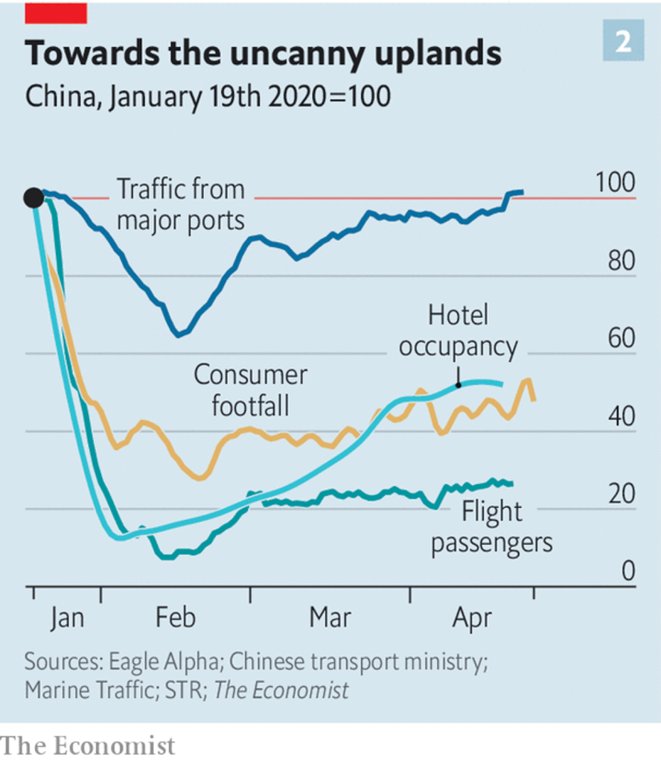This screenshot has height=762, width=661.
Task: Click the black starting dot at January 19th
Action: [33, 197]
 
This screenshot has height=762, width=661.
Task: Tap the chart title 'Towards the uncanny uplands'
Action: [263, 53]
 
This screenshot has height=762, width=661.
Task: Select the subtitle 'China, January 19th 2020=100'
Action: [208, 97]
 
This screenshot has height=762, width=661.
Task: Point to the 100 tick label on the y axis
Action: [616, 182]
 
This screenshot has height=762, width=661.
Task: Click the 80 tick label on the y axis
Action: [619, 261]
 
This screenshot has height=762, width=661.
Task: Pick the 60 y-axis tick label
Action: [619, 339]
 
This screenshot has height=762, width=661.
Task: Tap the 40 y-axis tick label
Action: [619, 416]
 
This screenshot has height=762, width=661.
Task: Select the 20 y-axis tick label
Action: [619, 494]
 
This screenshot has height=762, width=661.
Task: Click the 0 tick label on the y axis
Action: [628, 571]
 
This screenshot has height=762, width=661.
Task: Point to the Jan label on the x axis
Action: [67, 618]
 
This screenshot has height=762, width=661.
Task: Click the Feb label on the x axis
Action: [176, 618]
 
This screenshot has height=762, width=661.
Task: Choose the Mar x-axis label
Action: [330, 618]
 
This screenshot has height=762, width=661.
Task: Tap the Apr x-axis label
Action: [472, 618]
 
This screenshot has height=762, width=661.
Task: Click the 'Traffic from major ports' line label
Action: [180, 205]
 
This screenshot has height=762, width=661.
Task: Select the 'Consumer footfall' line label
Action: [250, 390]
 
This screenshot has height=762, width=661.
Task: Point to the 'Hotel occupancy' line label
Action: [458, 331]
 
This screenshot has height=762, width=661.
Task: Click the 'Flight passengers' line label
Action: [492, 527]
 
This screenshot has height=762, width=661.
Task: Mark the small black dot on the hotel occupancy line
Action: [458, 384]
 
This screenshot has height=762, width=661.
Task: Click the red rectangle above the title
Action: [56, 12]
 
